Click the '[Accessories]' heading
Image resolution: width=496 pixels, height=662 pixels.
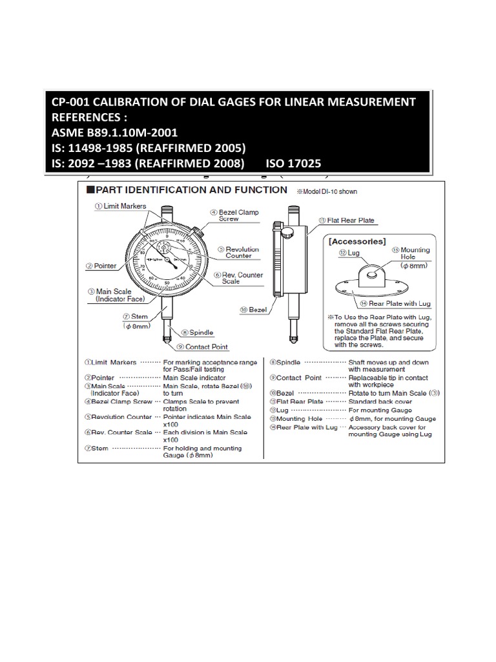[x=357, y=241]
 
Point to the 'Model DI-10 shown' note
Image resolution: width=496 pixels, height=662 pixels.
[x=327, y=191]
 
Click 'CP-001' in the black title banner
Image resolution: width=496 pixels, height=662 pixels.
[x=71, y=102]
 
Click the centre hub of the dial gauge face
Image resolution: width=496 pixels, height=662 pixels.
[x=168, y=259]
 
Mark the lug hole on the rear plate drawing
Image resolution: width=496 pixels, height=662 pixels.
[x=372, y=274]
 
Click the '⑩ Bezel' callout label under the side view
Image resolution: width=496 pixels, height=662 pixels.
[x=253, y=310]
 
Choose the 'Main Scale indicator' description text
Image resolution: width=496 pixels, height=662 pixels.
[x=194, y=378]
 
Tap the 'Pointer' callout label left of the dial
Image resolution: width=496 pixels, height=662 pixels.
[x=101, y=265]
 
